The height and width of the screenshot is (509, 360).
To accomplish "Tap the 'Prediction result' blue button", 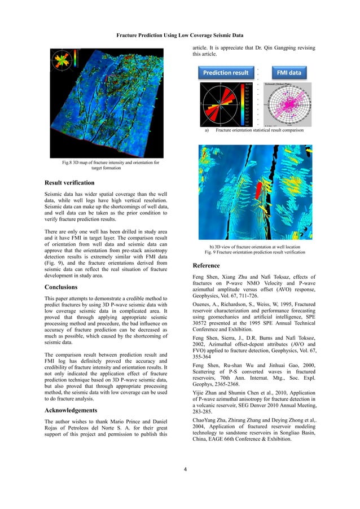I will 226,73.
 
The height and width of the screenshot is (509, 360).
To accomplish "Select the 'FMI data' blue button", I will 288,73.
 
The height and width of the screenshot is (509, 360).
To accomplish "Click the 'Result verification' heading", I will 69,183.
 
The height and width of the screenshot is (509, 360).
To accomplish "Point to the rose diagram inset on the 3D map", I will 63,62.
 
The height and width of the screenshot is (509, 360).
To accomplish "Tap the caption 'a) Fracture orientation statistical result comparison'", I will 254,130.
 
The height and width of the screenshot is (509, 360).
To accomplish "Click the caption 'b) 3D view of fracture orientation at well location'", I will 254,247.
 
